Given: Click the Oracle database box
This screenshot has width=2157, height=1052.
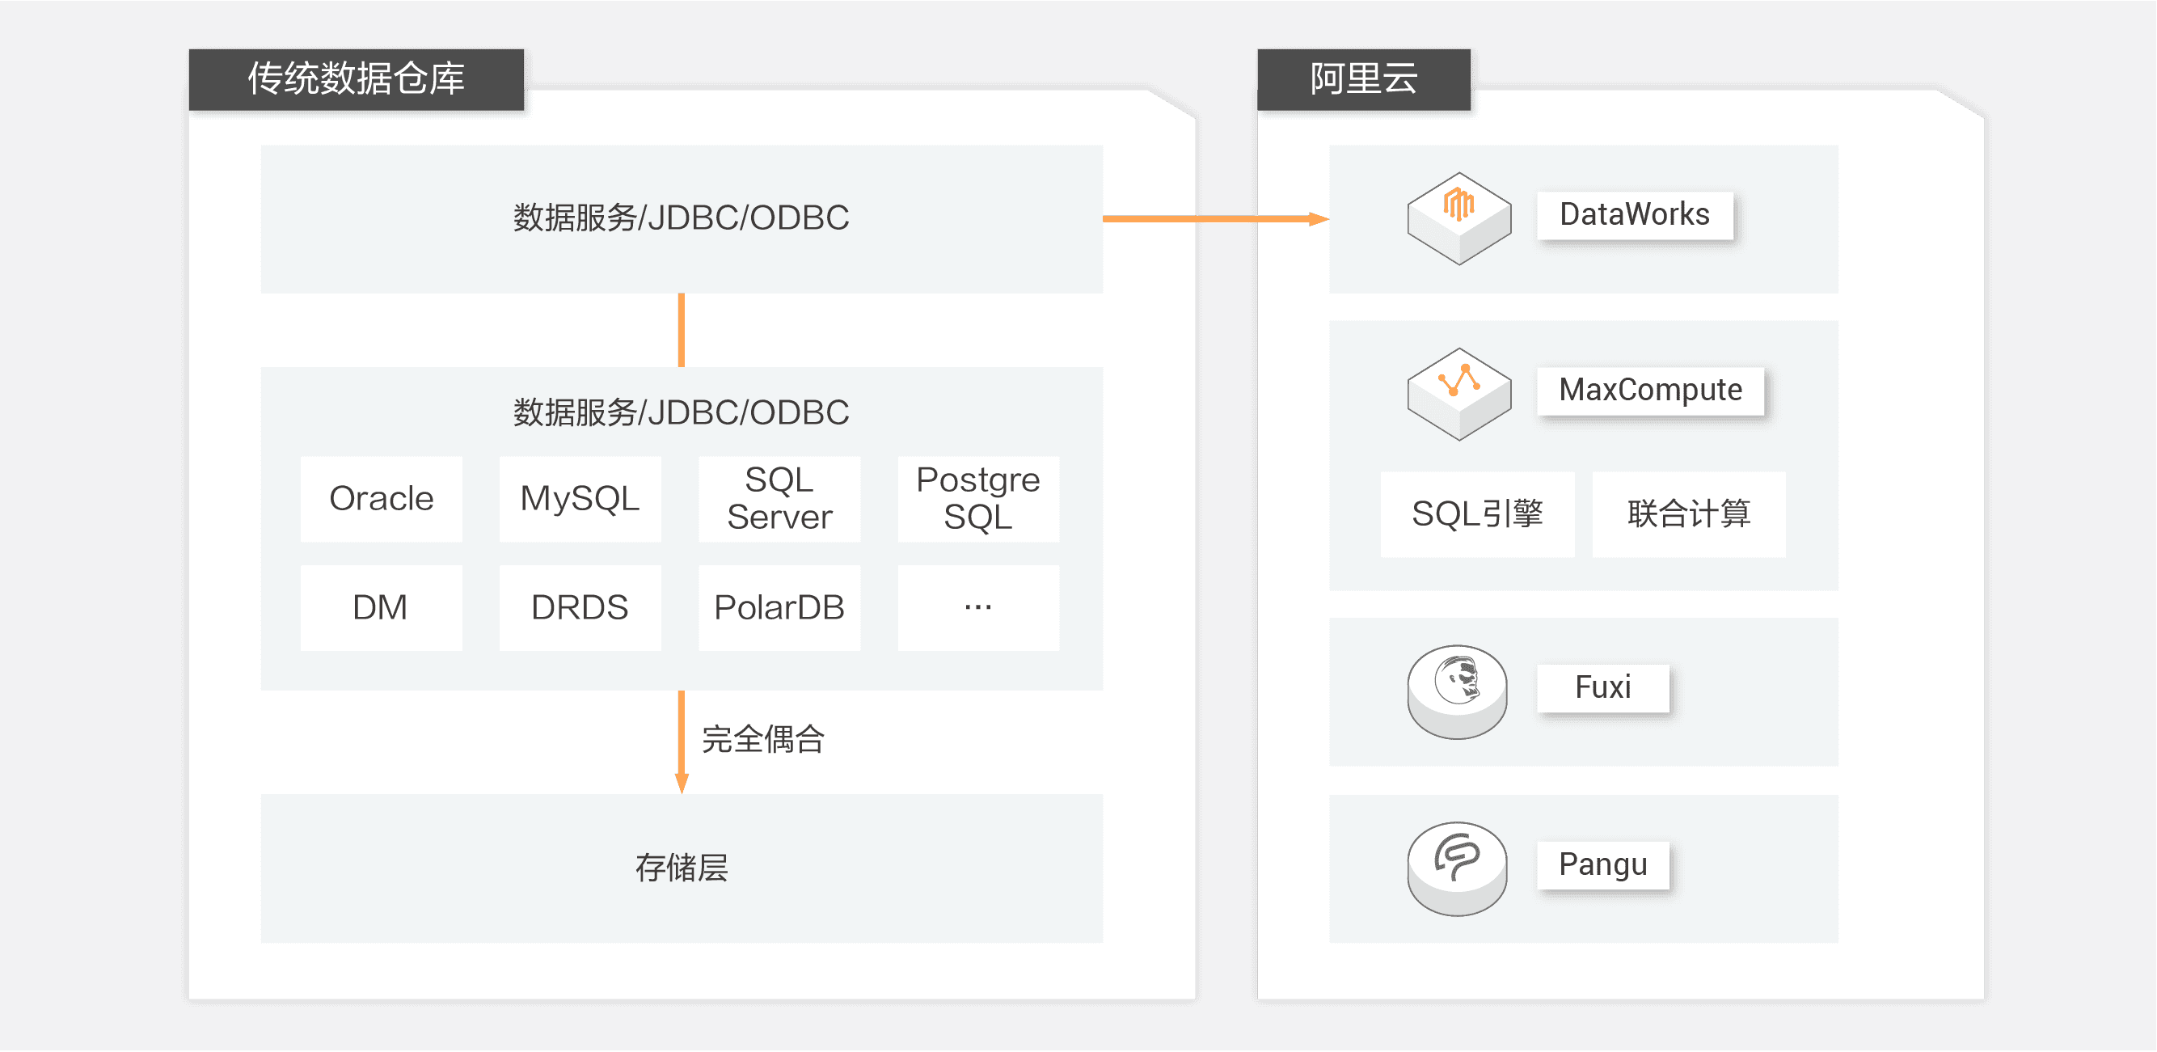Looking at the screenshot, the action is coord(381,499).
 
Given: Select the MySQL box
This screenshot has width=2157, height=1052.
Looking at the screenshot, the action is coord(580,499).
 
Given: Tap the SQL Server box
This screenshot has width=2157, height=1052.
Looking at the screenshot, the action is coord(779,499).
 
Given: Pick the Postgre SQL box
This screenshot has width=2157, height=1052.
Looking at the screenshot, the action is coord(978,499).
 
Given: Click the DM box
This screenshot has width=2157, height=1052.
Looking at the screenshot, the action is coord(381,608).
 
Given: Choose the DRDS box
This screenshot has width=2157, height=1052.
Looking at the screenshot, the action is coord(580,608).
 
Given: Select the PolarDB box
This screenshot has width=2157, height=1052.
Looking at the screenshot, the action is coord(779,608).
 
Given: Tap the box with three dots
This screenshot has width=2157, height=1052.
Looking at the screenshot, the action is coord(978,608).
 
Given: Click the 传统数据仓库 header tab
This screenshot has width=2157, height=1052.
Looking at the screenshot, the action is coord(356,79).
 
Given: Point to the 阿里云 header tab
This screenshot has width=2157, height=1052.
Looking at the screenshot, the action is coord(1363,79).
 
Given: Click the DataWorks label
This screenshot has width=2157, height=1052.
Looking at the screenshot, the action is coord(1635,215).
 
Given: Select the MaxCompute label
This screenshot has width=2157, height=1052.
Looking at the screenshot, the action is coord(1649,391).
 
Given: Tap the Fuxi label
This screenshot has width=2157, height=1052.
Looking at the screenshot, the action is coord(1602,687).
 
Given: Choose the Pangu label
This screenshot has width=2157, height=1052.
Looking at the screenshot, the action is coord(1602,864).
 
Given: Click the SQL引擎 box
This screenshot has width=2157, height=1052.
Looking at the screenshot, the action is coord(1477,514).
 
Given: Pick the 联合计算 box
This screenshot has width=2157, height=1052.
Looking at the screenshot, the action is coord(1688,514).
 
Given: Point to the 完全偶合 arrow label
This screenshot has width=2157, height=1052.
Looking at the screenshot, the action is coord(763,740).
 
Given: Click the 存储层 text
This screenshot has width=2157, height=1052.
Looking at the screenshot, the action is coord(682,868).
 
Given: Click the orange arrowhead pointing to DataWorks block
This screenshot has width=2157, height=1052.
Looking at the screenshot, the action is coord(1319,219).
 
